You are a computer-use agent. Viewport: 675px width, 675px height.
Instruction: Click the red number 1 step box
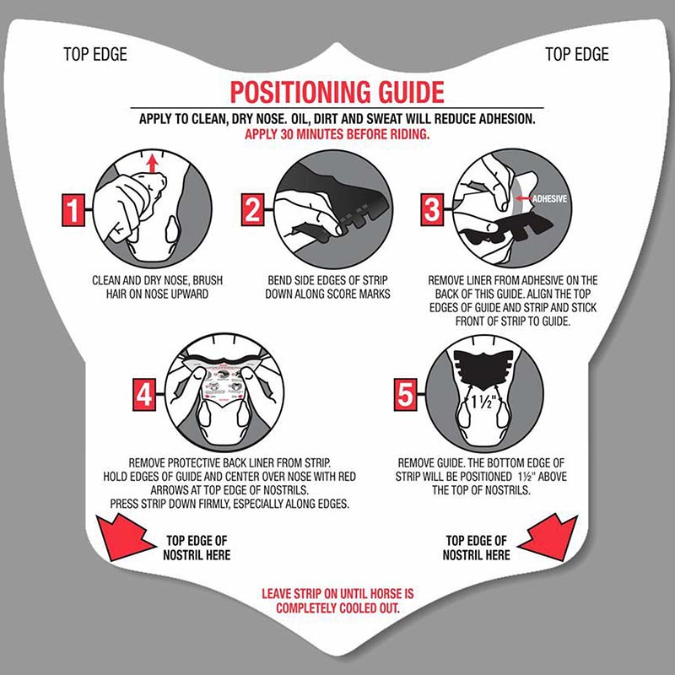(x=73, y=210)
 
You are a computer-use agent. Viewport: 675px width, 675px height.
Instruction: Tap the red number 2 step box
(x=252, y=209)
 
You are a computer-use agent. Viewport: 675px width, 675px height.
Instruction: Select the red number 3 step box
(x=432, y=209)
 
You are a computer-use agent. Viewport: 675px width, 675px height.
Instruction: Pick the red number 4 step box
(x=144, y=394)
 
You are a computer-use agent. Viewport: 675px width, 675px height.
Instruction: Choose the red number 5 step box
(x=406, y=394)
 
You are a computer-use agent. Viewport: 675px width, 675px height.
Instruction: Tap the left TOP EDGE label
(x=95, y=54)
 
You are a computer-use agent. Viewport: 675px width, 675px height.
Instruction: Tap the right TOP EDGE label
(x=577, y=54)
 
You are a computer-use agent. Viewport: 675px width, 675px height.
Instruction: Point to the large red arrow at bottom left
(x=122, y=538)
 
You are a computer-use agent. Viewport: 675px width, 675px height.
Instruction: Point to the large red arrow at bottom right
(x=551, y=538)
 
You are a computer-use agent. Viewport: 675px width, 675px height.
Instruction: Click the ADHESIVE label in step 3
(x=549, y=199)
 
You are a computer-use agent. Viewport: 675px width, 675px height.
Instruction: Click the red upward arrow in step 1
(x=152, y=164)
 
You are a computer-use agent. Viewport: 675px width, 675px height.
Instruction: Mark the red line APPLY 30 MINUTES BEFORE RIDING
(x=337, y=134)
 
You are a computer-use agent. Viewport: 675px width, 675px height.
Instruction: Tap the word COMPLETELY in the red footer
(x=306, y=608)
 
